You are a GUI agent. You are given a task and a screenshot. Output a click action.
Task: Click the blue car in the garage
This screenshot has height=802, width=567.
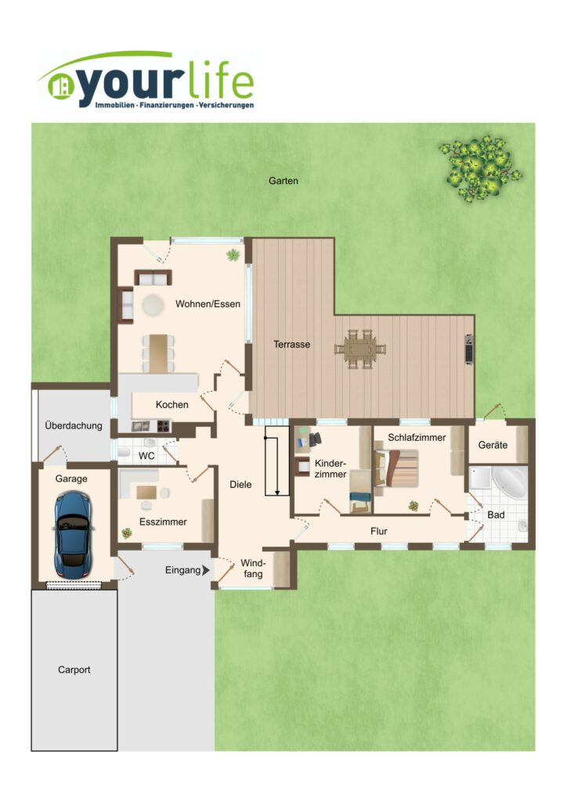pos(74,536)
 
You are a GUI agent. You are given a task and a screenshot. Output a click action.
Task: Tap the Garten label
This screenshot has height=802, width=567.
pos(283,181)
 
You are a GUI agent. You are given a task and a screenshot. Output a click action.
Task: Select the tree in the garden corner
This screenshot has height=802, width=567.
pos(480,168)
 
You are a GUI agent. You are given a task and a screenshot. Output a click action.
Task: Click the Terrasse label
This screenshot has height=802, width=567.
pos(291,345)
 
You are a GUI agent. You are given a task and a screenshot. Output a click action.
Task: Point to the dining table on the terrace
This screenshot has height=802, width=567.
pos(360,349)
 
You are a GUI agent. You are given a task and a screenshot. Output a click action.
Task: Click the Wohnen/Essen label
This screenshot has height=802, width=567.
pos(208,304)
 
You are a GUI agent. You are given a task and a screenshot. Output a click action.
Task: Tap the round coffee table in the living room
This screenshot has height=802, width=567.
pos(153,305)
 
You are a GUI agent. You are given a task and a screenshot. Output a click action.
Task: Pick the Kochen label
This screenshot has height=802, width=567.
pos(172,405)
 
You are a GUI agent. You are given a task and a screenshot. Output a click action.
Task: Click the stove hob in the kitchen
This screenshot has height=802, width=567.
pos(163,426)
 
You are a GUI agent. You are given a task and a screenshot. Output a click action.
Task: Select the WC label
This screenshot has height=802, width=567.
pos(146,456)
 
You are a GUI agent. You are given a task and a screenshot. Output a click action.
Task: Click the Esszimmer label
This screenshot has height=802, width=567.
pos(163,522)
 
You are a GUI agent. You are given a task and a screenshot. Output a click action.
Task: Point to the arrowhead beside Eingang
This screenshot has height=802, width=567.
pos(206,570)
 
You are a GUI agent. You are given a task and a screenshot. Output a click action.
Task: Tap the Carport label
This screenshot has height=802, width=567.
pos(74,670)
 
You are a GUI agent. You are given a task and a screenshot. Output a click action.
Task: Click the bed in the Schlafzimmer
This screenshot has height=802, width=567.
pos(397,468)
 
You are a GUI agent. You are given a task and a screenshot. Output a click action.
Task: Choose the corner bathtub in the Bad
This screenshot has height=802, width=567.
pos(510,482)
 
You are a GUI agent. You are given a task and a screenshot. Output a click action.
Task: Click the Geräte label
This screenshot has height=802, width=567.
pos(493,445)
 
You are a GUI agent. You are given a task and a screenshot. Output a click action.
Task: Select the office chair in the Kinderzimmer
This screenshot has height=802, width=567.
pos(315,439)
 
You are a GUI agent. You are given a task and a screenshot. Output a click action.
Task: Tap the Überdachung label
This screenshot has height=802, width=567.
pos(74,425)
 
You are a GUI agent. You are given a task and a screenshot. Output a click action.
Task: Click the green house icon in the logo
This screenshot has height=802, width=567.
pos(60,86)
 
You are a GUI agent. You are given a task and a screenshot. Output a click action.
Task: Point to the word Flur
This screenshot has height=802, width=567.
pos(379,532)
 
